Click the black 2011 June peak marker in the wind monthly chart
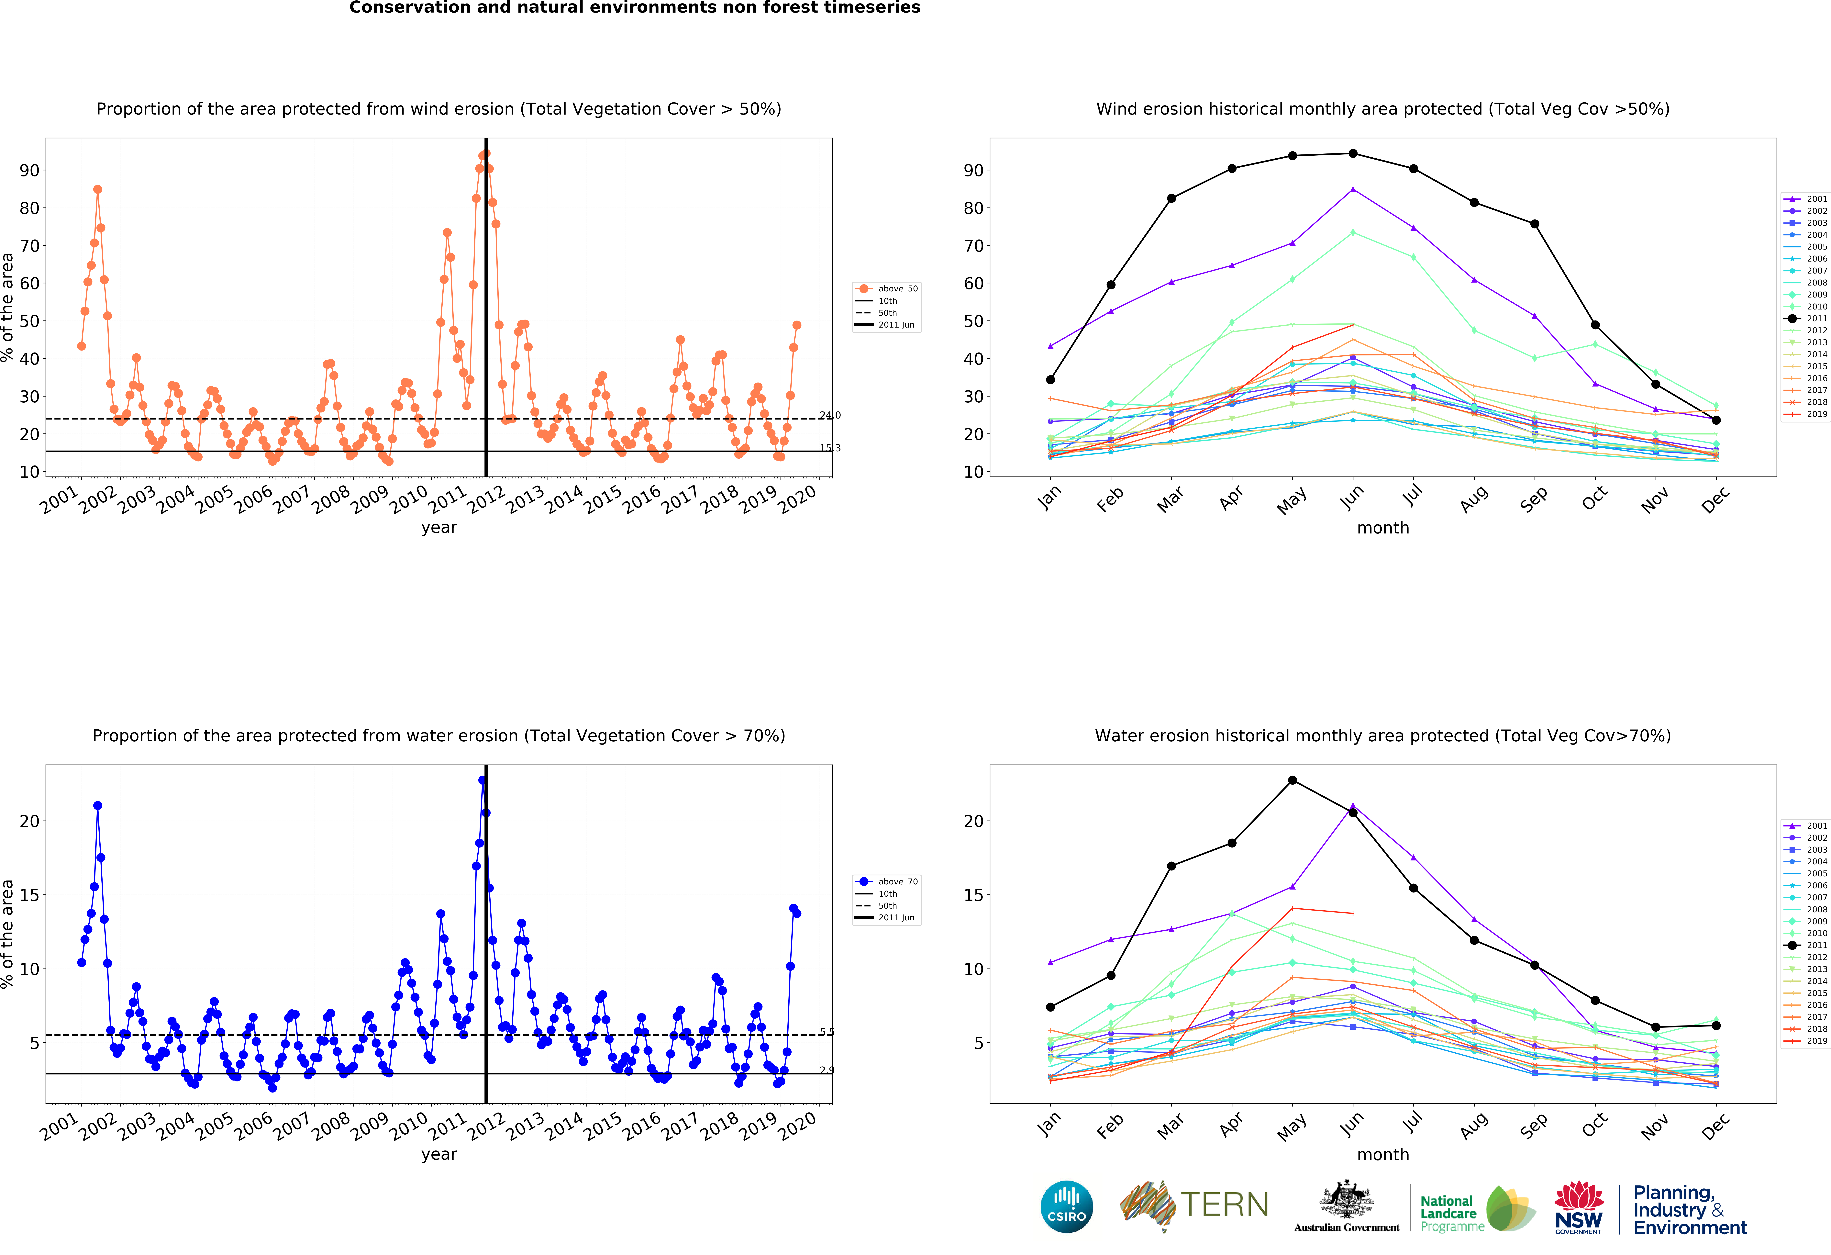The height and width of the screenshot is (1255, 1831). (x=1353, y=154)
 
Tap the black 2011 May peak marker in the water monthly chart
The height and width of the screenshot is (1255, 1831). (x=1292, y=780)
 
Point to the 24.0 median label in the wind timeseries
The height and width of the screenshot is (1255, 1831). (x=830, y=415)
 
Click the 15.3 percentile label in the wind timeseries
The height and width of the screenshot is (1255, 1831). (x=830, y=448)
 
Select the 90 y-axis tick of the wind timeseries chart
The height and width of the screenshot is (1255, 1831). (x=29, y=170)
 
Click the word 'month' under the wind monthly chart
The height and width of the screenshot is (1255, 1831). (x=1383, y=528)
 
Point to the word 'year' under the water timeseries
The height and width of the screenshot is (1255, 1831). (x=439, y=1154)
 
